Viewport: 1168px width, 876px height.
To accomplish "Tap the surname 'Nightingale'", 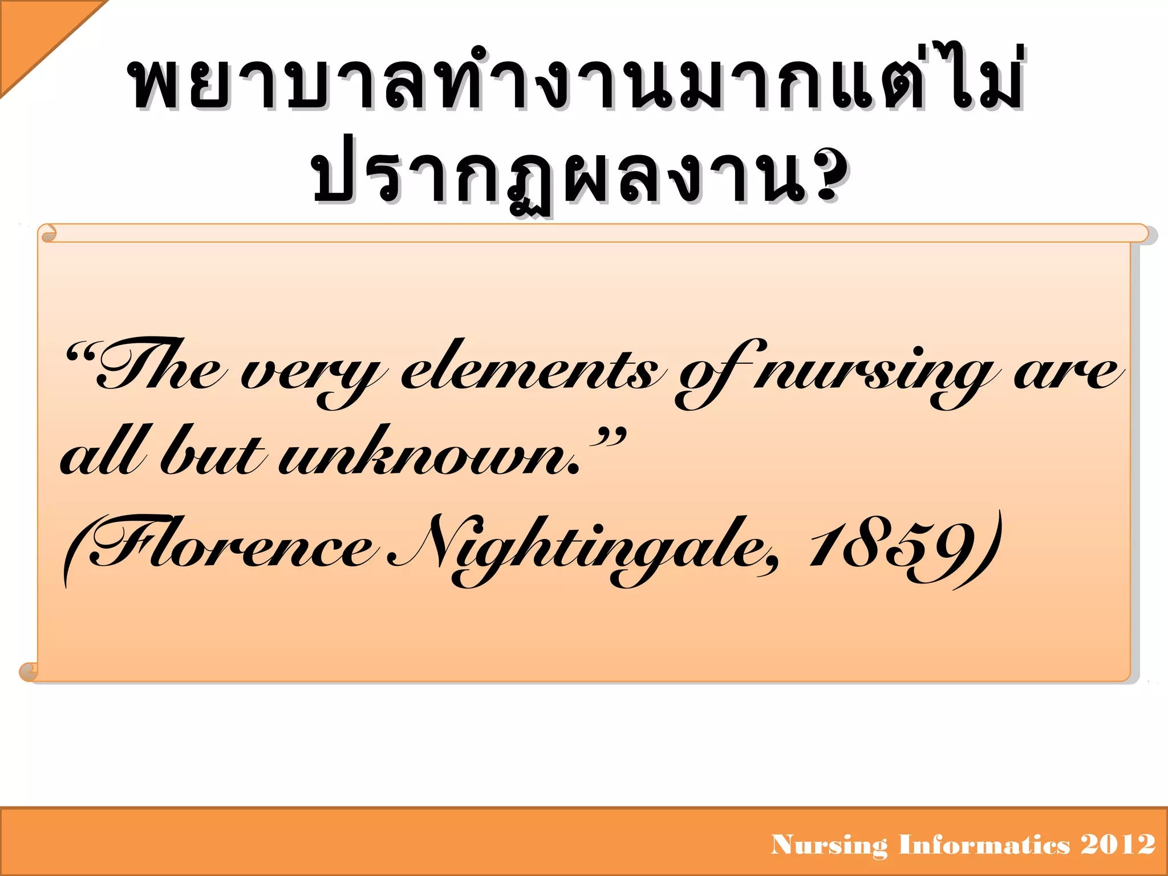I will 582,547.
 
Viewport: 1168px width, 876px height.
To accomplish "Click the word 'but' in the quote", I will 211,453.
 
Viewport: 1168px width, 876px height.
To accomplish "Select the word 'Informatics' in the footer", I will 984,845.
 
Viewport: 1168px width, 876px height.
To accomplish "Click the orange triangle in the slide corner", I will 34,34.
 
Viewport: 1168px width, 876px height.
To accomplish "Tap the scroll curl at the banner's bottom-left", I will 29,671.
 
